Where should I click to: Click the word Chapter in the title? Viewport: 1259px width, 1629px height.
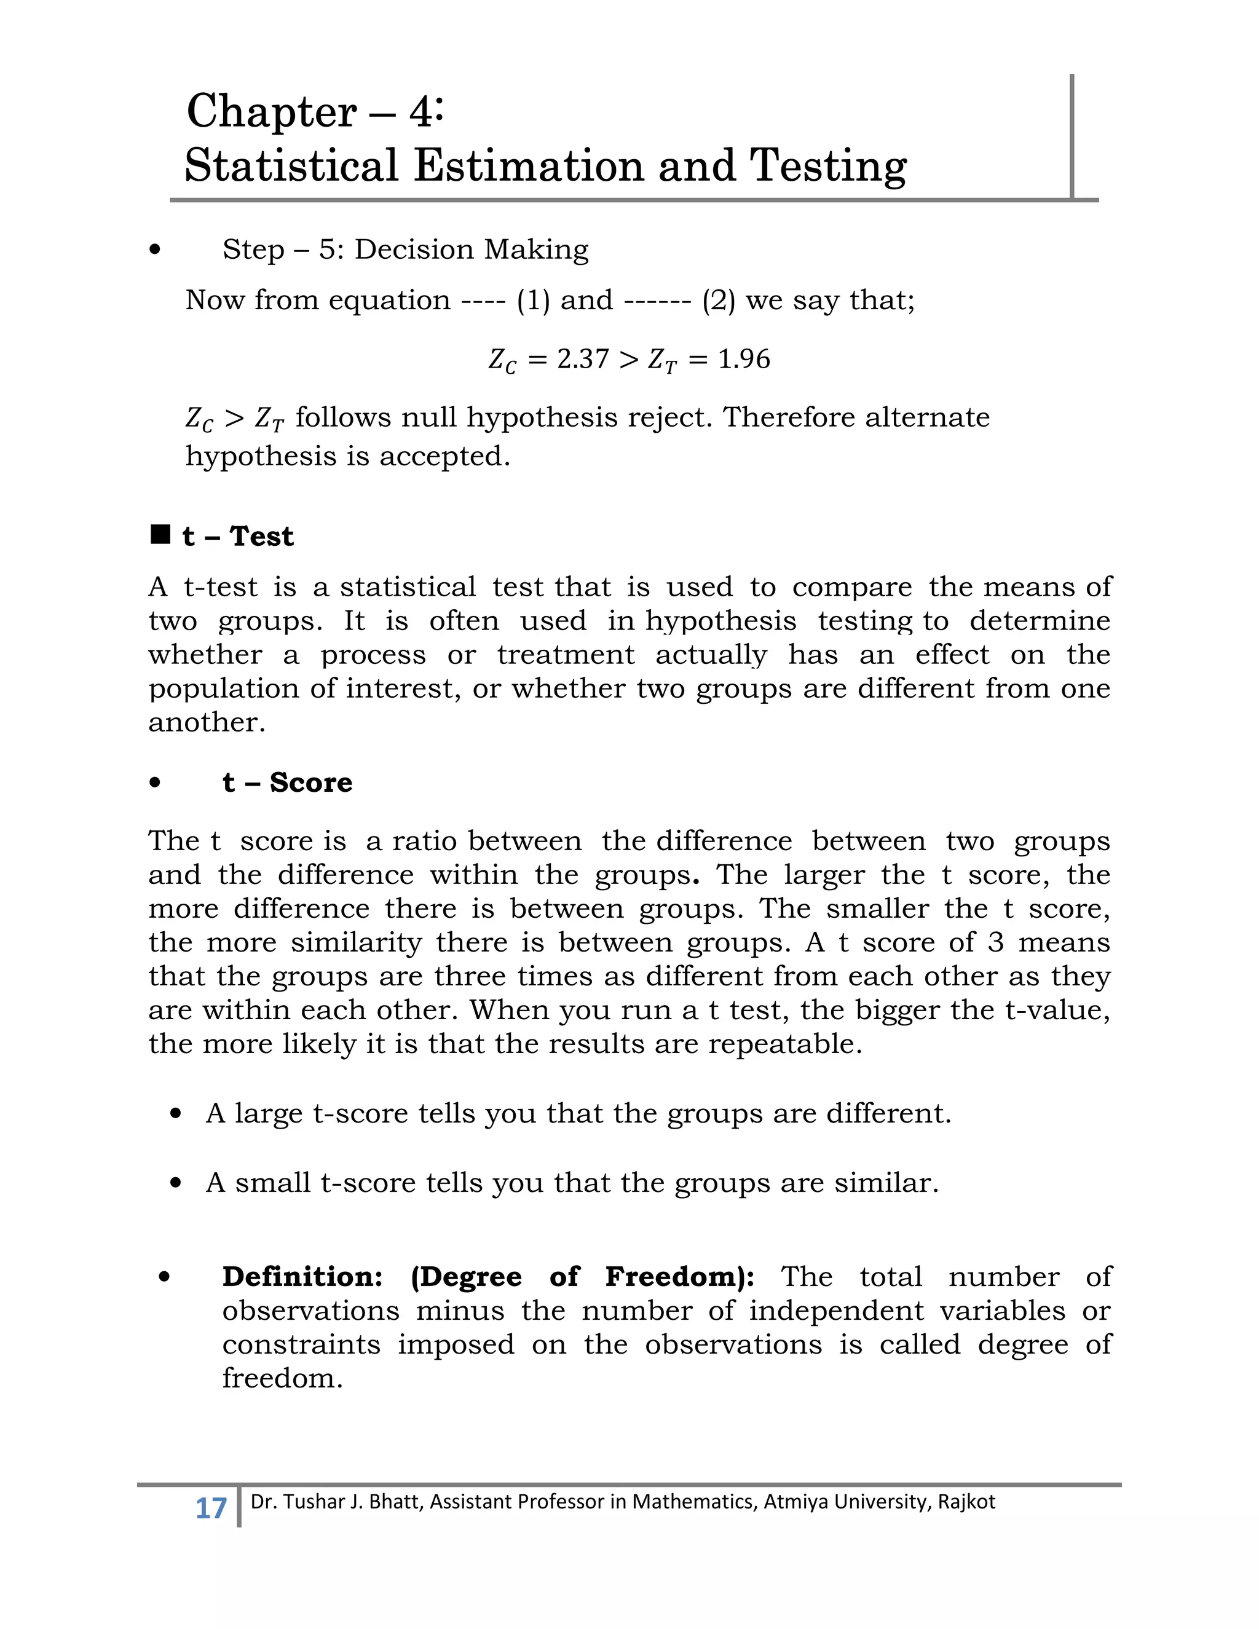272,112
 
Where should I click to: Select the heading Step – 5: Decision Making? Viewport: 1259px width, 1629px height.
405,249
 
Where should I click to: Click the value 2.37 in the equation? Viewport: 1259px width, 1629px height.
583,359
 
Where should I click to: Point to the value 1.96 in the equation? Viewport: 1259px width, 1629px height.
744,359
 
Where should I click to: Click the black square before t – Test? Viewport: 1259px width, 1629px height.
160,534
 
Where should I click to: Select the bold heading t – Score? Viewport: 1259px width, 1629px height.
287,783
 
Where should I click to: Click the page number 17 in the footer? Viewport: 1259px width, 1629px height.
210,1508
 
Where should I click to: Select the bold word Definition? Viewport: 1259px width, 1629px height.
302,1276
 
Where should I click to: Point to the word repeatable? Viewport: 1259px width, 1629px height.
784,1044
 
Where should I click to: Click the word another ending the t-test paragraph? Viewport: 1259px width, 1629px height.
206,722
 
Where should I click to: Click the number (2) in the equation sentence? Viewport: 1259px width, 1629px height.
718,300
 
